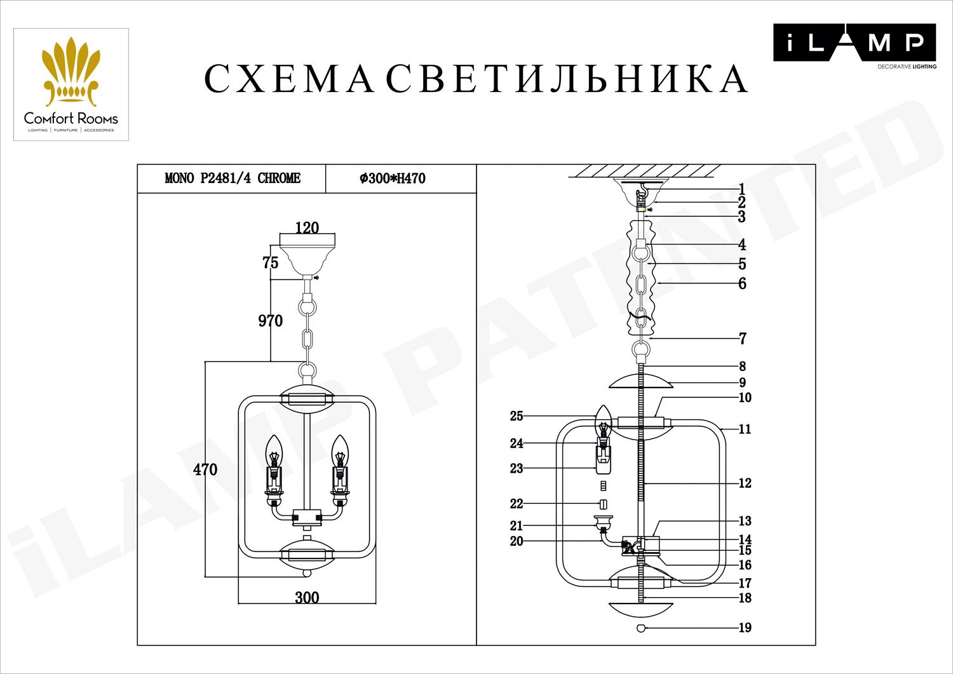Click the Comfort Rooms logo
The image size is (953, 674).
pyautogui.click(x=71, y=84)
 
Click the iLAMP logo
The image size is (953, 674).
pyautogui.click(x=855, y=46)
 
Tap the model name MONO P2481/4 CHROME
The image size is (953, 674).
pyautogui.click(x=233, y=179)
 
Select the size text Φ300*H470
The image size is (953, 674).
pyautogui.click(x=392, y=179)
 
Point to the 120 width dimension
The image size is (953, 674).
pyautogui.click(x=307, y=227)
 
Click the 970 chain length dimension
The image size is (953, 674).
pyautogui.click(x=271, y=320)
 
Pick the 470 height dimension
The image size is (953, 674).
pyautogui.click(x=205, y=469)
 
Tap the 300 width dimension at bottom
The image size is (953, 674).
pyautogui.click(x=307, y=598)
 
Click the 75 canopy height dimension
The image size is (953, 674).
pyautogui.click(x=271, y=262)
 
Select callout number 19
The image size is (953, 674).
pyautogui.click(x=745, y=628)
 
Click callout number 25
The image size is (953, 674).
pyautogui.click(x=517, y=416)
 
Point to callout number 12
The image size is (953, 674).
pyautogui.click(x=745, y=483)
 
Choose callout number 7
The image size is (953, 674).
pyautogui.click(x=743, y=339)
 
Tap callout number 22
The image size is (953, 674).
pyautogui.click(x=517, y=504)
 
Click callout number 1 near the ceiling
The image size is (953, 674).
pyautogui.click(x=742, y=189)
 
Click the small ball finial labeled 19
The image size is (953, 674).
pyautogui.click(x=641, y=628)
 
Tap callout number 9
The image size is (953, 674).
pyautogui.click(x=743, y=382)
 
